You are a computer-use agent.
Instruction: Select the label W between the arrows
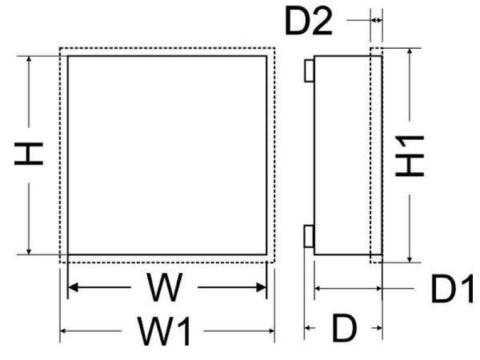(166, 288)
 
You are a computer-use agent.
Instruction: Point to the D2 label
(309, 22)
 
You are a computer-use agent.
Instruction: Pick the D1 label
(454, 290)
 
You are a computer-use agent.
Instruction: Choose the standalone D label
(344, 328)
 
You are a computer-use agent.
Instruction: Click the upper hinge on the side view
(309, 71)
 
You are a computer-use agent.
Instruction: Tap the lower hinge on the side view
(309, 236)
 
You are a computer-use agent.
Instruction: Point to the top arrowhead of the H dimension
(30, 61)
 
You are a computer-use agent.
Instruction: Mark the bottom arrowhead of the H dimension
(30, 251)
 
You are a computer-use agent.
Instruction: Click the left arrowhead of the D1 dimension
(319, 288)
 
